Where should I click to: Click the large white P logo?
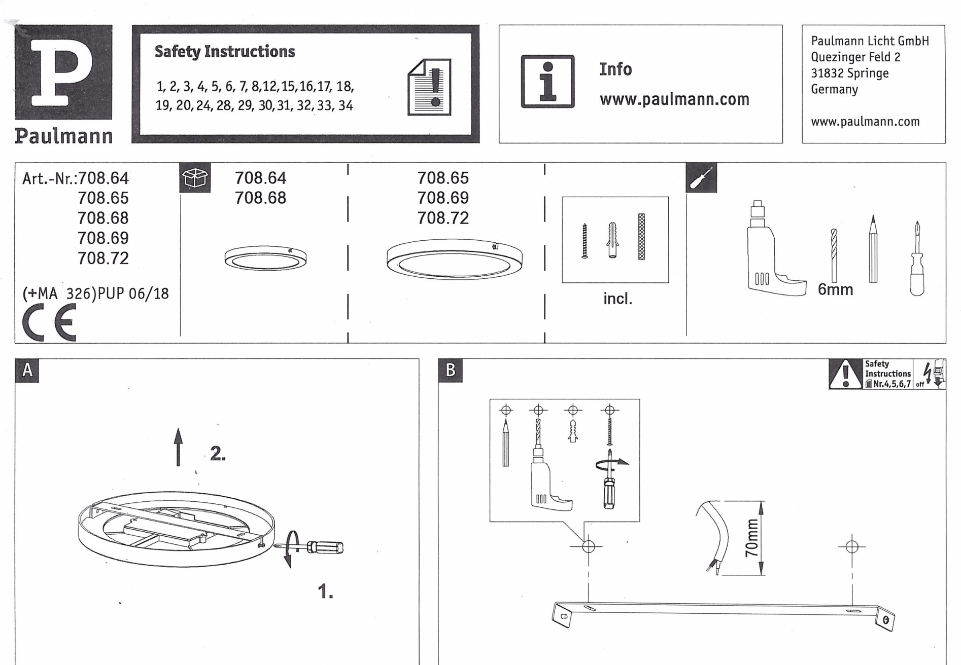(62, 71)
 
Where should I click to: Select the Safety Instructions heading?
(224, 52)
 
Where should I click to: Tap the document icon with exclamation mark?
(429, 87)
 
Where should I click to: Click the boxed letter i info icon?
(547, 82)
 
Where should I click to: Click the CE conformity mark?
(49, 322)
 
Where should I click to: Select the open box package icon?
(195, 178)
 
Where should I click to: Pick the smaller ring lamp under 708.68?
(265, 259)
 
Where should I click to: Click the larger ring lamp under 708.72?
(454, 258)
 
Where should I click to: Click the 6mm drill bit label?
(835, 290)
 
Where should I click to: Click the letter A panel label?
(27, 370)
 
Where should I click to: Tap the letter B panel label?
(450, 371)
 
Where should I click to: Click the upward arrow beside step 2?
(178, 447)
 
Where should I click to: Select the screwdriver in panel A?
(315, 547)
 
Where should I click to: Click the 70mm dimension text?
(751, 538)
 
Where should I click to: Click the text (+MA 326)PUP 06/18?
(95, 293)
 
